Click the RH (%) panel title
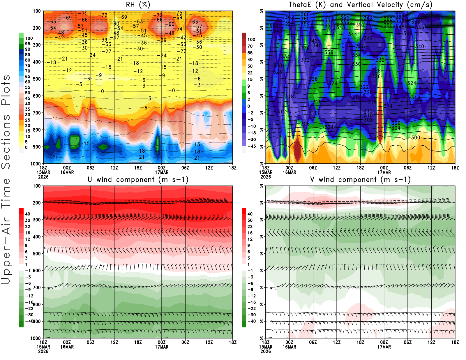tap(138, 5)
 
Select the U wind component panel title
tap(138, 179)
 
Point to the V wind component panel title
tap(360, 179)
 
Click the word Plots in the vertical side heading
tap(6, 90)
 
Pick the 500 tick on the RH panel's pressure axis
tap(37, 79)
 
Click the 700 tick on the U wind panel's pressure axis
tap(37, 287)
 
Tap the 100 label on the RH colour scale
tap(29, 38)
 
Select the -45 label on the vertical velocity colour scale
tap(251, 146)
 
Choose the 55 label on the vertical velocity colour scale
tap(250, 53)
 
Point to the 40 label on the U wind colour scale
tap(27, 214)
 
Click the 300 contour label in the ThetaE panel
tap(416, 137)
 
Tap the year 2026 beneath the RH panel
tap(43, 177)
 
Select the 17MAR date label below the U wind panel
tap(162, 347)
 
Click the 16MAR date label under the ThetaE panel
tap(289, 172)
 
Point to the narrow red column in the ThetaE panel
tap(380, 117)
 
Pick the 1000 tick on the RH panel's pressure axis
tap(36, 164)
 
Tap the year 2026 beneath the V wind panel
tap(266, 351)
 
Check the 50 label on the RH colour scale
tap(27, 93)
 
